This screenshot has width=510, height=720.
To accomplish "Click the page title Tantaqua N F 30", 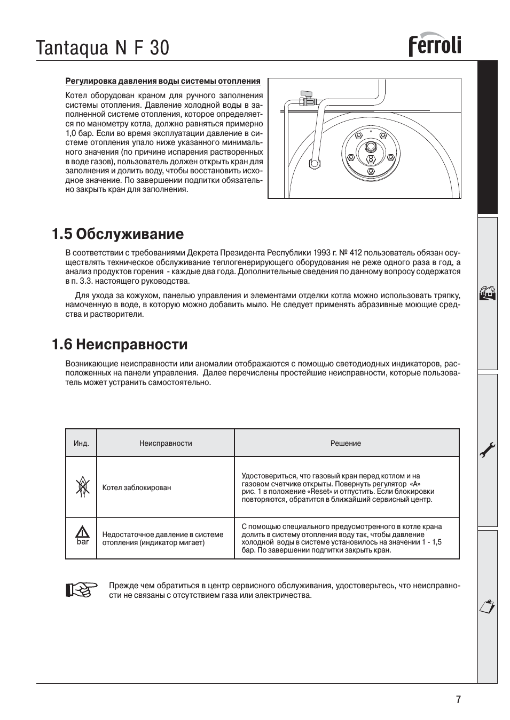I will pyautogui.click(x=103, y=48).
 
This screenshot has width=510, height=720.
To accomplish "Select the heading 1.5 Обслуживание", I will pyautogui.click(x=117, y=234).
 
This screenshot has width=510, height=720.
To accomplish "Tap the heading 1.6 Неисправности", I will pyautogui.click(x=120, y=344).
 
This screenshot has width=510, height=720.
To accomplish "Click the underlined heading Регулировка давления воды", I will pyautogui.click(x=163, y=81).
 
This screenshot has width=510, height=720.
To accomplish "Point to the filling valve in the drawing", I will pyautogui.click(x=307, y=98).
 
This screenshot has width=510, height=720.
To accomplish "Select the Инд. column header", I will pyautogui.click(x=81, y=443).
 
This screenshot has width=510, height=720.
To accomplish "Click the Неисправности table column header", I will pyautogui.click(x=166, y=443).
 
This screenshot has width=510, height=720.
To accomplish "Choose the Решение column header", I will pyautogui.click(x=346, y=443).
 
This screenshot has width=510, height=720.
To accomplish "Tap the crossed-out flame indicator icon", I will pyautogui.click(x=82, y=487).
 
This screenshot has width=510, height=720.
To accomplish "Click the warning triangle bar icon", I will pyautogui.click(x=82, y=535).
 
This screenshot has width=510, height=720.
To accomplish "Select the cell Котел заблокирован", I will pyautogui.click(x=137, y=487).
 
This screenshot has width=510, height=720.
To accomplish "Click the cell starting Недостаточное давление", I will pyautogui.click(x=163, y=539).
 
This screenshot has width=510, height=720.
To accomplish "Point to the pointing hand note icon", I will pyautogui.click(x=81, y=589).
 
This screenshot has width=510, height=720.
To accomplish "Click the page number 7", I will pyautogui.click(x=458, y=700).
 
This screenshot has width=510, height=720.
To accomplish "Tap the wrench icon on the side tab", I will pyautogui.click(x=488, y=451).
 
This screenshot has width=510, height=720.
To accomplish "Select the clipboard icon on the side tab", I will pyautogui.click(x=488, y=606).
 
